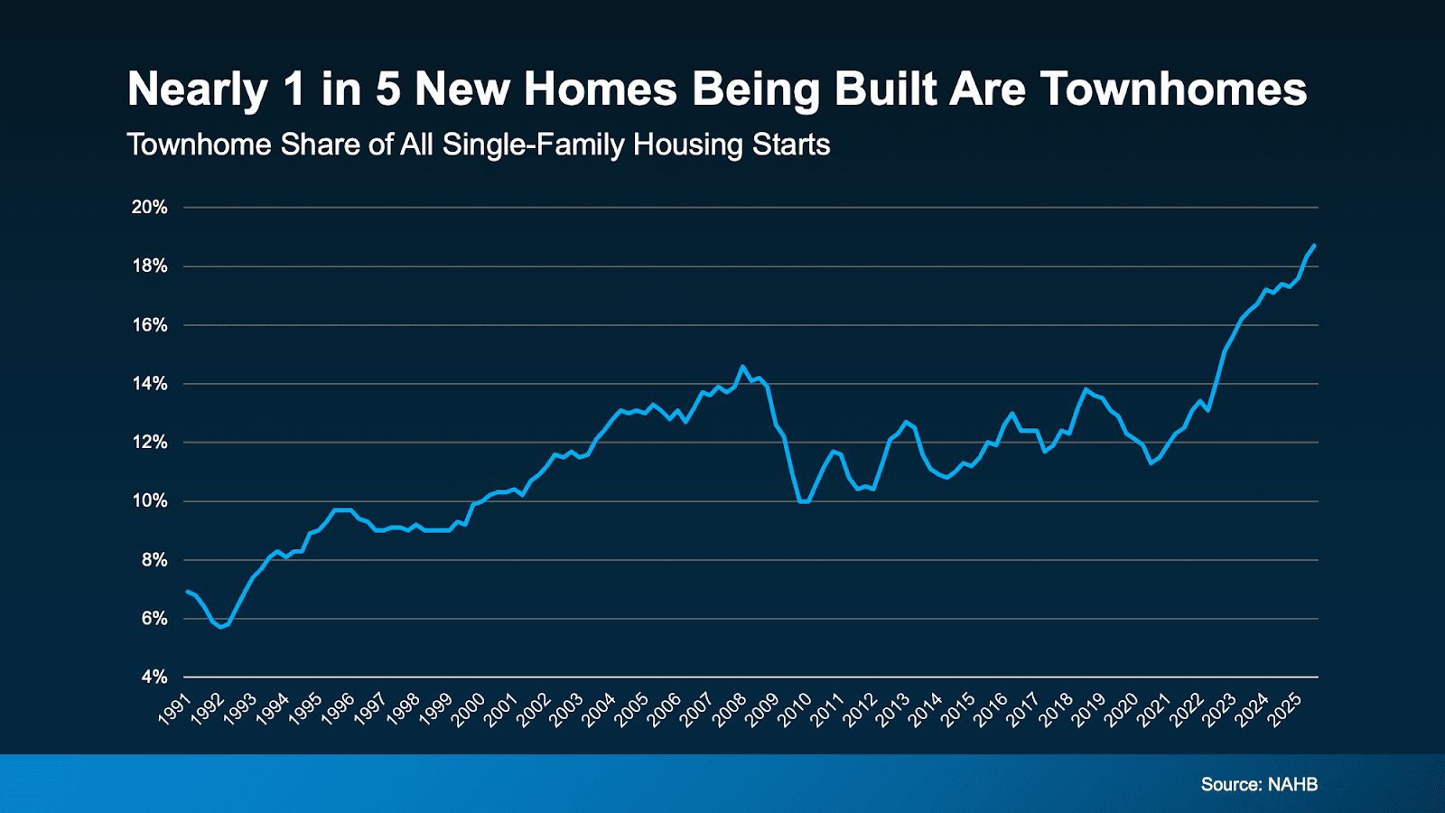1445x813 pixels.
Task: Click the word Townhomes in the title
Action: pos(1173,89)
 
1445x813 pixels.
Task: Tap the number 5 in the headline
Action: pos(387,89)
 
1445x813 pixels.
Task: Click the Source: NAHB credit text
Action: pos(1258,784)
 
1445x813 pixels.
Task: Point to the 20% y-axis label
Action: pos(150,207)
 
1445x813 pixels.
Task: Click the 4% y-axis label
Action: pos(154,677)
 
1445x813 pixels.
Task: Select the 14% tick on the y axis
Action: pos(150,383)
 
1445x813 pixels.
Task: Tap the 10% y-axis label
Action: pos(150,500)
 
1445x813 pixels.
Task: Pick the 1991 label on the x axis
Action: pos(174,710)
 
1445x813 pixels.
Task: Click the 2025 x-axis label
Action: pos(1284,710)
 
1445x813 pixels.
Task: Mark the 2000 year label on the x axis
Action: pos(468,710)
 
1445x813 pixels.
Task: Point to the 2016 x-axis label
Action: pos(990,710)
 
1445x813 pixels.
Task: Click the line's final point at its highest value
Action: pos(1314,246)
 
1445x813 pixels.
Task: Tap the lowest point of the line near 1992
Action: pos(220,627)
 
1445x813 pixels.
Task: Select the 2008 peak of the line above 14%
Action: pos(742,367)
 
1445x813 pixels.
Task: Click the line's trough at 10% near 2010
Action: pos(804,501)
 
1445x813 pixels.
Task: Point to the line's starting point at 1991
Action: pos(187,592)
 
